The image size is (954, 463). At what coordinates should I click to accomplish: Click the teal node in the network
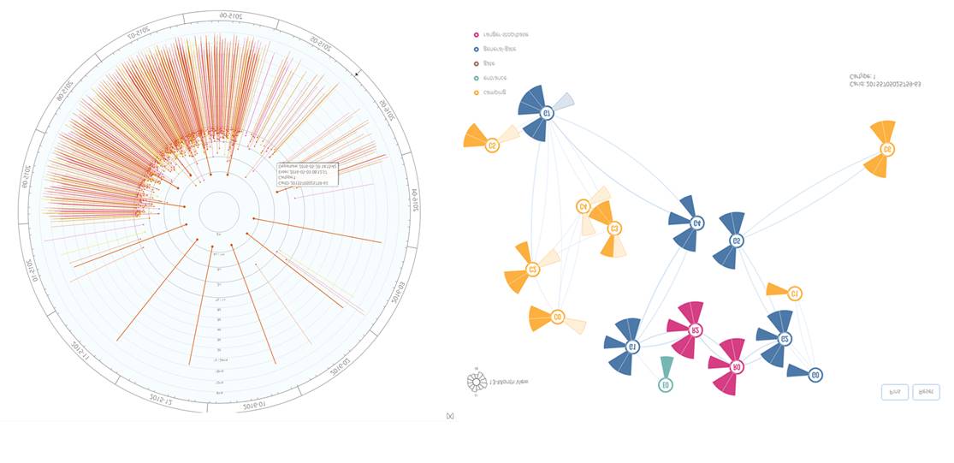coord(666,385)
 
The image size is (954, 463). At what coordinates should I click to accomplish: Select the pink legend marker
coord(476,35)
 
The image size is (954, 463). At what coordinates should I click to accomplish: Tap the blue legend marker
coord(476,50)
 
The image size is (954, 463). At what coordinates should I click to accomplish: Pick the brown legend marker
coord(476,63)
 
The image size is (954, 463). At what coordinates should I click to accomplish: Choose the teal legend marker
coord(476,78)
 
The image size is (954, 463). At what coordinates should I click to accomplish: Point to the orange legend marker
coord(476,92)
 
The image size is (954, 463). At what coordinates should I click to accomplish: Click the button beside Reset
coord(894,392)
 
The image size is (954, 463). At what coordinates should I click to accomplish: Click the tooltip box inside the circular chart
coord(306,175)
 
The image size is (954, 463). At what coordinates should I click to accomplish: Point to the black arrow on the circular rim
coord(358,74)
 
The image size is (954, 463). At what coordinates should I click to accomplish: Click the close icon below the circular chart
coord(450,416)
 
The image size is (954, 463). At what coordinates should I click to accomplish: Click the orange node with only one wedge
coord(794,294)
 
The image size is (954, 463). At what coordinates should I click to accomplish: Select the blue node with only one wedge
coord(815,375)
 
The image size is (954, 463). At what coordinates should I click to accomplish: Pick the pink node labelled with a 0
coord(736,367)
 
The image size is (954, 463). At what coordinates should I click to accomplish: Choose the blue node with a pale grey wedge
coord(545,112)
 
